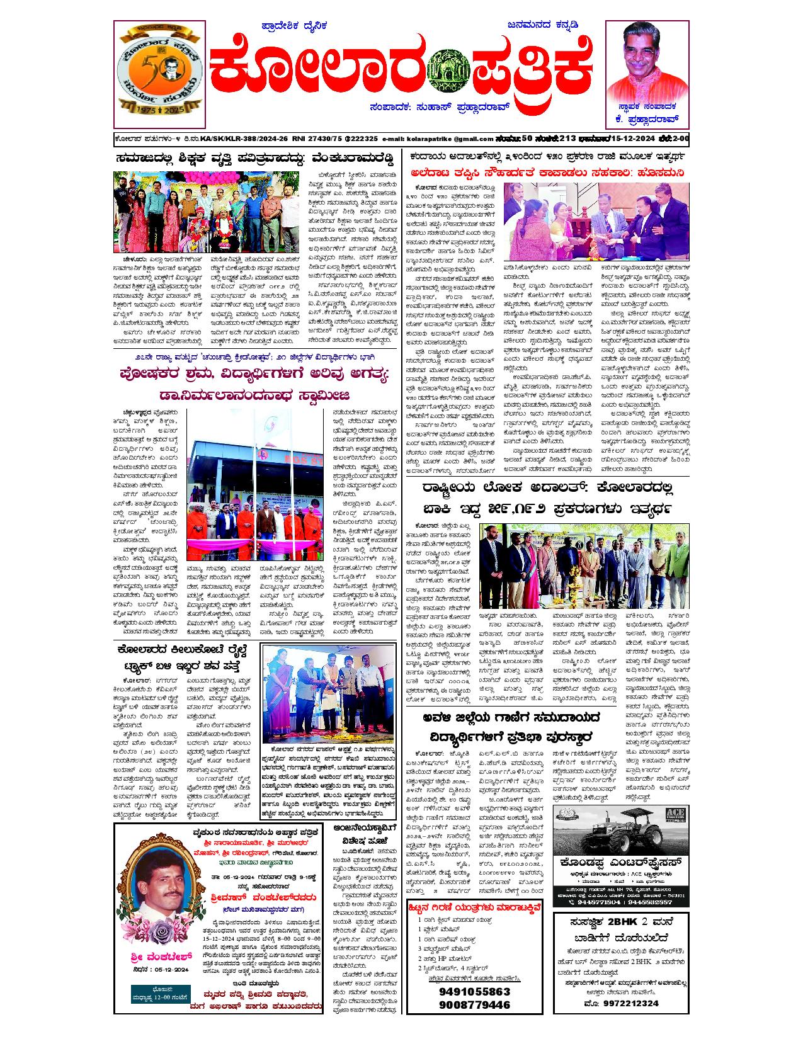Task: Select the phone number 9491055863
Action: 473,991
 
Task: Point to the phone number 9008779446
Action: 473,1004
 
